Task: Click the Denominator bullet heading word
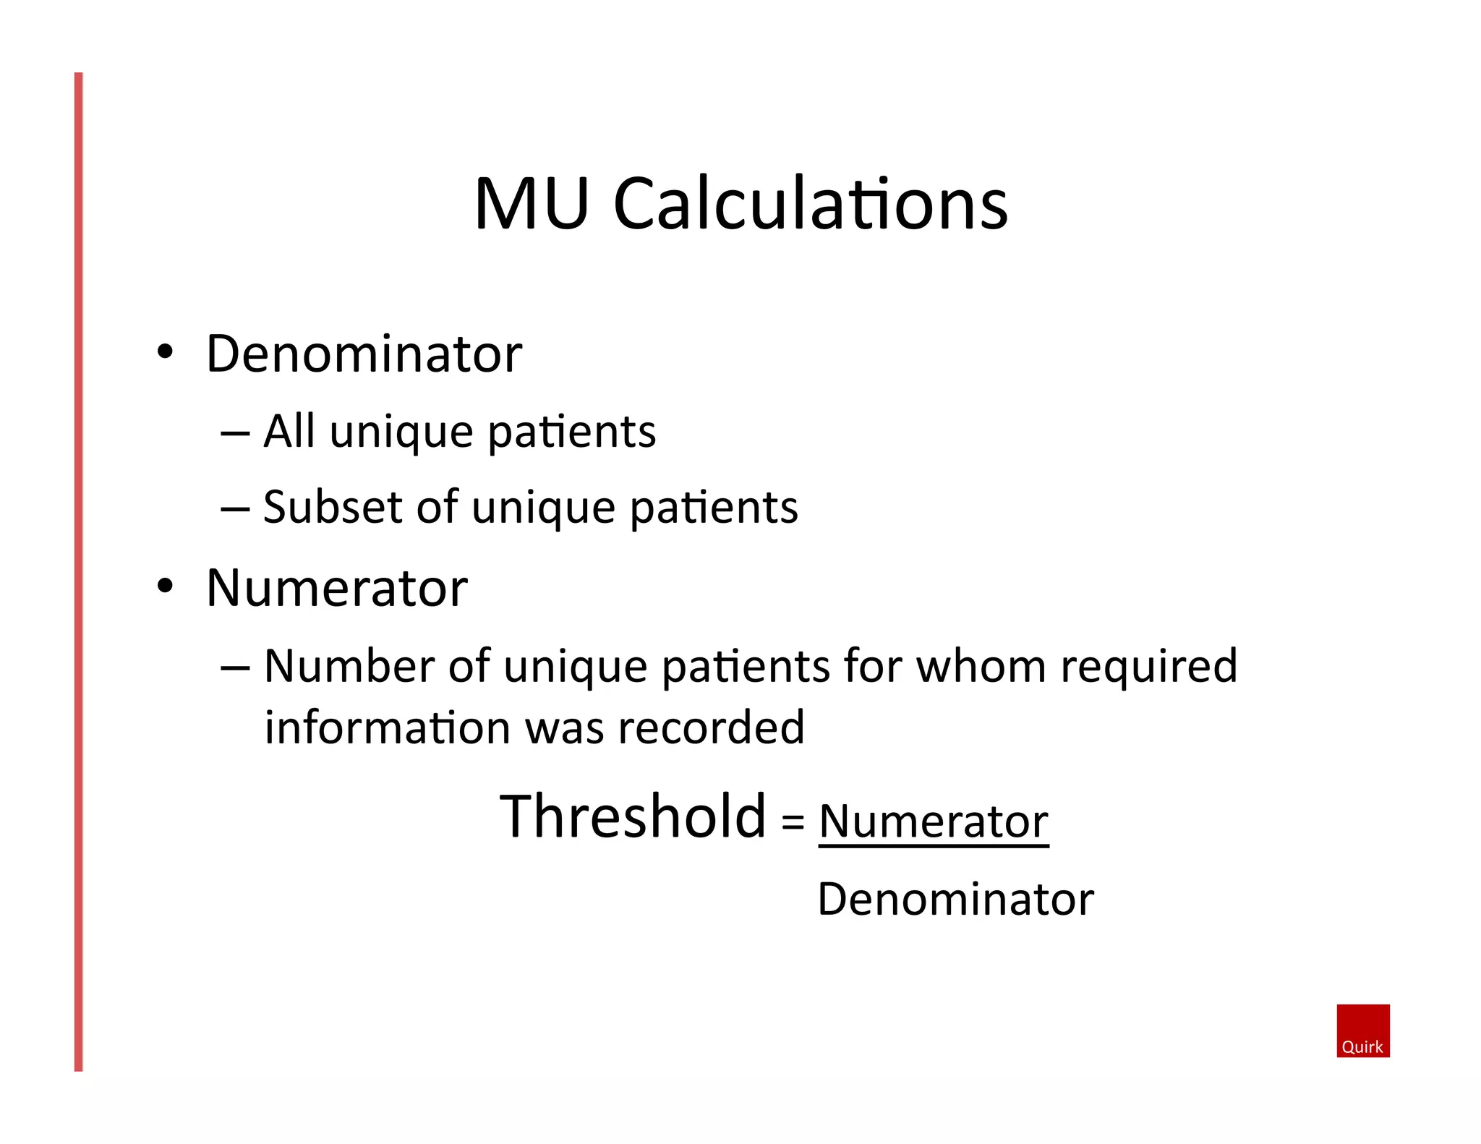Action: [364, 354]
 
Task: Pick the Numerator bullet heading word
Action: [337, 588]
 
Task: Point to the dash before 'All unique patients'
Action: [235, 434]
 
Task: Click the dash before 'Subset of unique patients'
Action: [235, 509]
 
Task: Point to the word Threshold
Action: [633, 816]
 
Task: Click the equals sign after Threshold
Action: [793, 821]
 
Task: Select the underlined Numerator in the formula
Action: [933, 821]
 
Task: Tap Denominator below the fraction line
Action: [955, 899]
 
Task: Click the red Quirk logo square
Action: [1362, 1030]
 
